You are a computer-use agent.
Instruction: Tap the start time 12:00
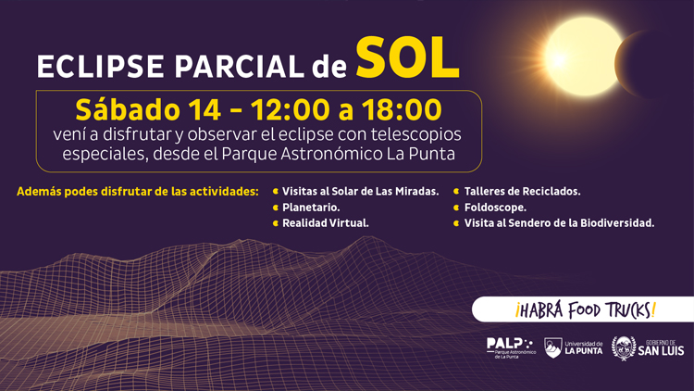(x=283, y=108)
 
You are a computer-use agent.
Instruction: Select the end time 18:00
(x=396, y=108)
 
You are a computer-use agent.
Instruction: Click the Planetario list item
(x=311, y=208)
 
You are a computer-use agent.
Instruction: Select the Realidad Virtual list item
(x=326, y=223)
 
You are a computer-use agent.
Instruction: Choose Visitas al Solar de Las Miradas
(x=360, y=192)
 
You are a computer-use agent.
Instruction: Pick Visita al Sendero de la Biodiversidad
(x=558, y=223)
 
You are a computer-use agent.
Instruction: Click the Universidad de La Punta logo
(x=574, y=347)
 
